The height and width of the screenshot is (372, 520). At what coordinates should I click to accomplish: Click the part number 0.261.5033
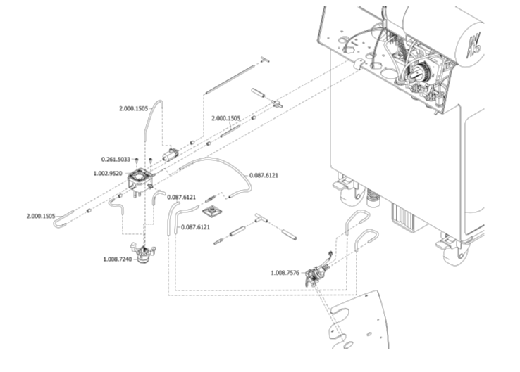[x=116, y=160]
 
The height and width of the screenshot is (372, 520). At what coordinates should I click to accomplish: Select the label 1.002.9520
[x=108, y=172]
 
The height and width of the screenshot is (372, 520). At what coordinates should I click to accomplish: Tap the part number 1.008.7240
[x=117, y=259]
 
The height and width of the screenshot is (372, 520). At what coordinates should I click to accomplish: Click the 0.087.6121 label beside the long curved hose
[x=264, y=174]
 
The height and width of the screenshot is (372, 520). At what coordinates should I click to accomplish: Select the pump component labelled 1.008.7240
[x=144, y=255]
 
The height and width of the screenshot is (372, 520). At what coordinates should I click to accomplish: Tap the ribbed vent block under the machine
[x=404, y=215]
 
